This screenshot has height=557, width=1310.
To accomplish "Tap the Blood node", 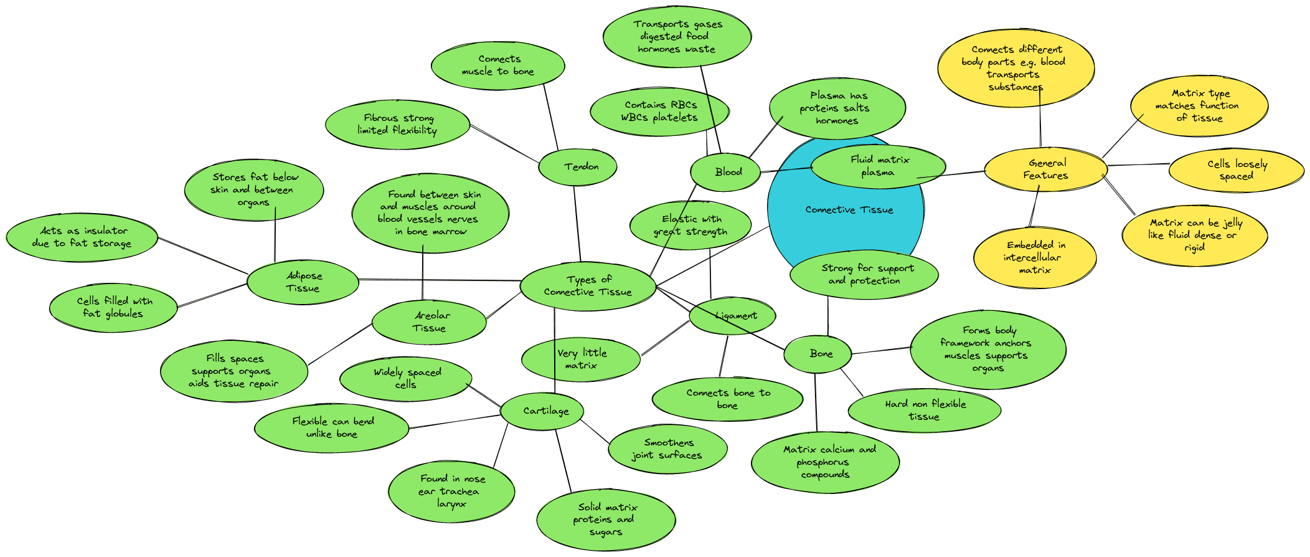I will [726, 172].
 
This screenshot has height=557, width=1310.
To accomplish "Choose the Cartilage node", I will [543, 411].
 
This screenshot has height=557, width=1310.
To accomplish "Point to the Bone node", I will [818, 354].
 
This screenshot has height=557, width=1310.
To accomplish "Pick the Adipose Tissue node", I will [303, 282].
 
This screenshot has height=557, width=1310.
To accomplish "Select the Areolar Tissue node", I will [429, 321].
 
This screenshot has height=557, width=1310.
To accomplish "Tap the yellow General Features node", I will [1046, 169].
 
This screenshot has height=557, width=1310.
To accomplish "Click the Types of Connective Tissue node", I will [588, 286].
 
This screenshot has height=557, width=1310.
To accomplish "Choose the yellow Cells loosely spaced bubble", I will [1237, 170].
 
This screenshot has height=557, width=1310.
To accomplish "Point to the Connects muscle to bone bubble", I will [498, 65].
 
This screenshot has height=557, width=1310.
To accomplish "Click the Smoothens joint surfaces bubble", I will [667, 449].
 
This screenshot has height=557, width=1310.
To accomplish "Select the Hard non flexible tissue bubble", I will [925, 410].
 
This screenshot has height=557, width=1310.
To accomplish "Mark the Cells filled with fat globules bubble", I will [113, 307].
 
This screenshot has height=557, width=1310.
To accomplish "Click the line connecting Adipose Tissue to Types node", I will [439, 280].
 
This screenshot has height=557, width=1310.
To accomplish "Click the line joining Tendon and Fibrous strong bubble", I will [504, 144].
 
